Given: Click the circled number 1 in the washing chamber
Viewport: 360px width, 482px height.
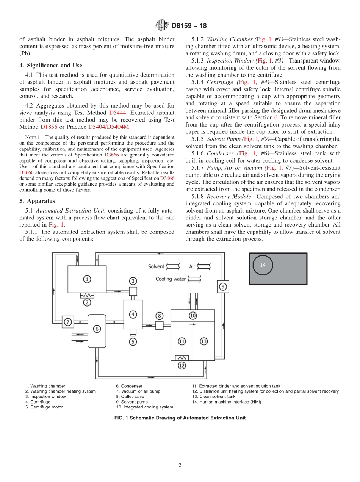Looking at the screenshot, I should tap(87, 279).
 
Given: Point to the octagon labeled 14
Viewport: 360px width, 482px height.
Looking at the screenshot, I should tap(263, 265).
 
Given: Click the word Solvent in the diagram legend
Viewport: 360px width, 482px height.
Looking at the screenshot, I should tap(156, 266).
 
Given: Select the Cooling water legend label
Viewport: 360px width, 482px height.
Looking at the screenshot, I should tap(171, 279).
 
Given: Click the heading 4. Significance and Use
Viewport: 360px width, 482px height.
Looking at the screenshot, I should tap(50, 66).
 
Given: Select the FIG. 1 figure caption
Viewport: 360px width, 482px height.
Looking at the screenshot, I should tap(180, 418).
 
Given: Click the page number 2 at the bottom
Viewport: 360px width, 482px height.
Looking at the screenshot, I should tap(180, 466).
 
